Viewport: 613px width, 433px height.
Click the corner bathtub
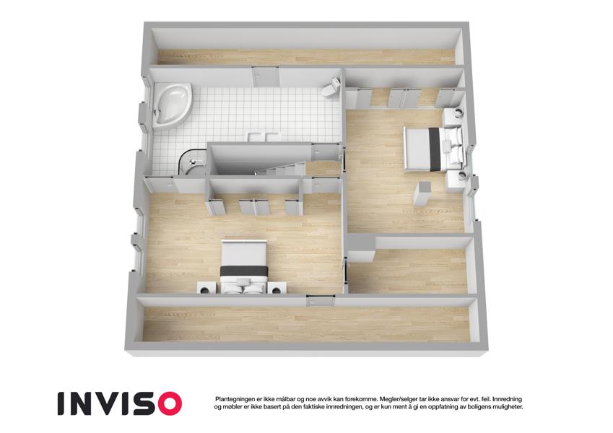(x=172, y=105)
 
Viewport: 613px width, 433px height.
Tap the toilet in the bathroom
(x=331, y=87)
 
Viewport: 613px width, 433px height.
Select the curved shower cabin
(x=191, y=163)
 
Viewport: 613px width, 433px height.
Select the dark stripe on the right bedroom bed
(x=435, y=149)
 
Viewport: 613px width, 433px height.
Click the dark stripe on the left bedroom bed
(x=244, y=271)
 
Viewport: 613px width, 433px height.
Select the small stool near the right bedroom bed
(x=422, y=194)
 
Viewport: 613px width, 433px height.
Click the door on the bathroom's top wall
(x=265, y=76)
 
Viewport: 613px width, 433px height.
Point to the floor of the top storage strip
(x=306, y=57)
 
